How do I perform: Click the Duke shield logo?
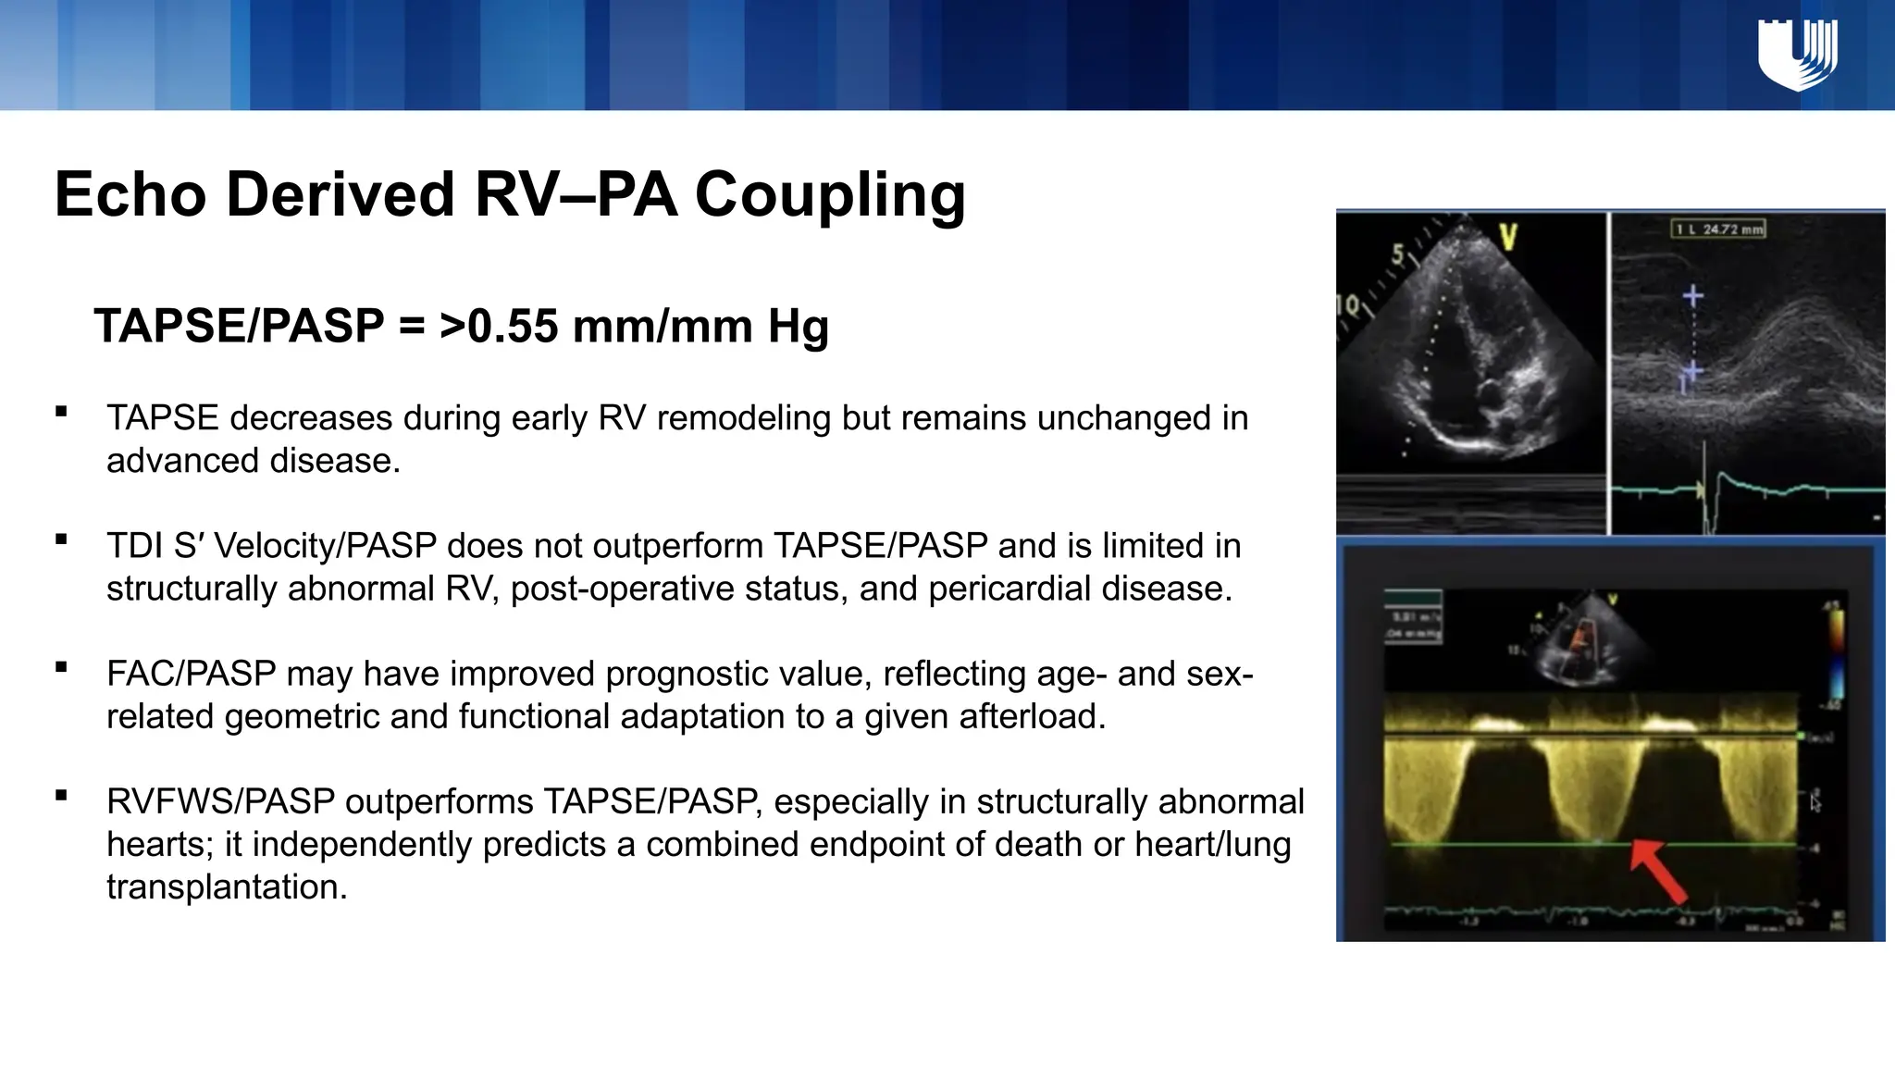click(1797, 56)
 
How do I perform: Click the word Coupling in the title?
click(830, 195)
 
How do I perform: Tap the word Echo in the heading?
click(130, 195)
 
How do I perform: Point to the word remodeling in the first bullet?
click(738, 418)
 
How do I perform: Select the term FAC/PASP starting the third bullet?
click(191, 674)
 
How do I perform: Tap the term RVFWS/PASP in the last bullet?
click(220, 801)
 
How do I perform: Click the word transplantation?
click(227, 886)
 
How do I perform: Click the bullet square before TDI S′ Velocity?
click(62, 539)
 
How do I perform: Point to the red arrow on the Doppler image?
click(1658, 871)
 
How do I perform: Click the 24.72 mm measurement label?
click(1718, 229)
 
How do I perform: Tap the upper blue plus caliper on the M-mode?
click(1693, 296)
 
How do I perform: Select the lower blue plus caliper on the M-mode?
click(1692, 372)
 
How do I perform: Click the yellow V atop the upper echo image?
click(1508, 239)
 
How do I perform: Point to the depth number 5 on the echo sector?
click(1399, 255)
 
